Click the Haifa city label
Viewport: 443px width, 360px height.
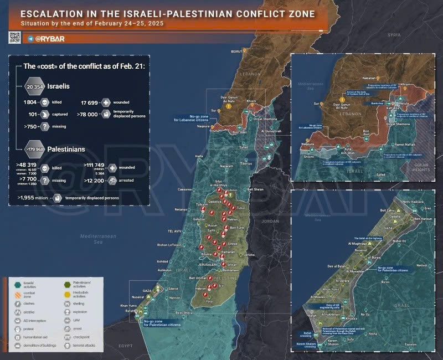(199, 156)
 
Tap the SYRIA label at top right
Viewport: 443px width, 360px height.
(394, 34)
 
